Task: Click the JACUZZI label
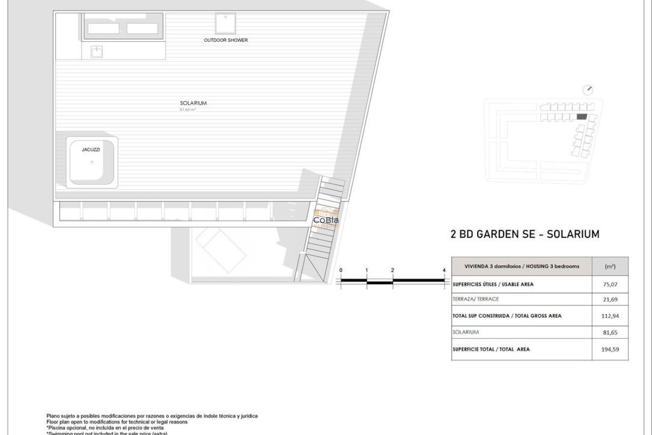click(x=91, y=150)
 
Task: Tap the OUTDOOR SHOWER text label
click(x=226, y=40)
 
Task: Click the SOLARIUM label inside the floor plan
click(x=193, y=103)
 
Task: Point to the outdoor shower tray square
click(x=225, y=23)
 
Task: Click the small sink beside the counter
click(x=97, y=52)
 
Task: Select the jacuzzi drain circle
click(x=92, y=162)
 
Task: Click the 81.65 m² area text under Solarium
click(x=188, y=110)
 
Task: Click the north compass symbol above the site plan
click(x=587, y=90)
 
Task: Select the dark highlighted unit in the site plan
click(x=582, y=117)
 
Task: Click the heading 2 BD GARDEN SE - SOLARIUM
click(x=525, y=234)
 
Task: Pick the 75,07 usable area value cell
click(x=610, y=284)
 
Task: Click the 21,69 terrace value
click(x=610, y=299)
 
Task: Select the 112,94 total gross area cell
click(x=610, y=316)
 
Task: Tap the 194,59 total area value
click(x=610, y=349)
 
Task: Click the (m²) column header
click(x=610, y=266)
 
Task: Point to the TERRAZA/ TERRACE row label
click(x=475, y=299)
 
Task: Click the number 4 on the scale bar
click(x=444, y=271)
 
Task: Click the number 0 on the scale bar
click(x=341, y=271)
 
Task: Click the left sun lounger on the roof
click(x=103, y=29)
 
